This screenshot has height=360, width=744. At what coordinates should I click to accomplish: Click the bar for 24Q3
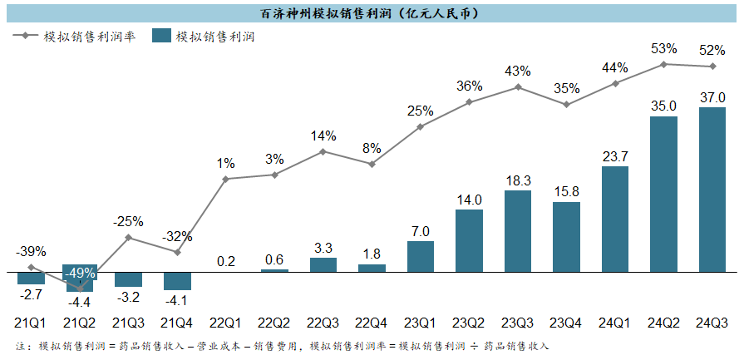point(712,190)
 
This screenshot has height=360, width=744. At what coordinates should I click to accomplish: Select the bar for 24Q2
point(663,194)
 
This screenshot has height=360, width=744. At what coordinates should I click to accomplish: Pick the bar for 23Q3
point(518,231)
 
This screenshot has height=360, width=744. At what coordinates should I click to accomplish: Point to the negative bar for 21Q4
point(177,281)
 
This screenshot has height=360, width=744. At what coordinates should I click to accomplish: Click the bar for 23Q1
point(421,257)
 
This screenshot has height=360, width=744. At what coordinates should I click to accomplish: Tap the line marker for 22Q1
point(226,179)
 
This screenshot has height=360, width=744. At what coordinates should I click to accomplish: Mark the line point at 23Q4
point(566,105)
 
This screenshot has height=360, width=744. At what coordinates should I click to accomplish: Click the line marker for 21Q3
point(129,238)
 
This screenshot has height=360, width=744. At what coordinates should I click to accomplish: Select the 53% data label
point(663,48)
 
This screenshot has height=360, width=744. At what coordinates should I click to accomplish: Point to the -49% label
point(80,273)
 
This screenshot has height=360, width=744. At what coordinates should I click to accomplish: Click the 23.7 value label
point(615,155)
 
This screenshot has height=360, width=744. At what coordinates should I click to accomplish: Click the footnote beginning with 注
point(283,345)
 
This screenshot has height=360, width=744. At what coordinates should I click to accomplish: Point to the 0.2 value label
point(226,261)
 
